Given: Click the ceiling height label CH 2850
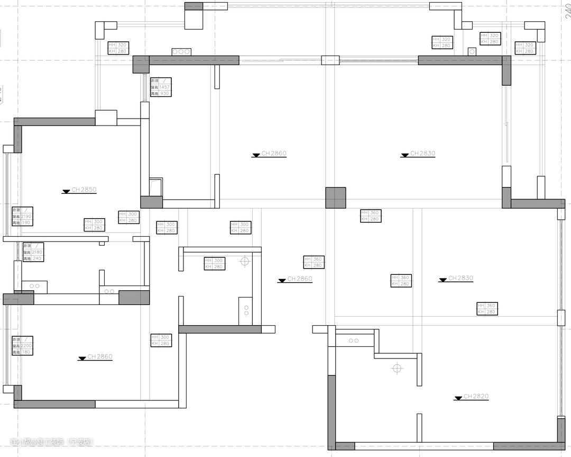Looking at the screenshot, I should pyautogui.click(x=84, y=189).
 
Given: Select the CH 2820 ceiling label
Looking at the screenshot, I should pyautogui.click(x=476, y=396).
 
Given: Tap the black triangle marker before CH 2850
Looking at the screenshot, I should pyautogui.click(x=66, y=192).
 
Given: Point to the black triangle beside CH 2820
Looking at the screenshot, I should pyautogui.click(x=458, y=398).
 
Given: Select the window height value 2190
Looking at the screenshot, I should pyautogui.click(x=26, y=217).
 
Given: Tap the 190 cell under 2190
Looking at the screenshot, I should pyautogui.click(x=27, y=223).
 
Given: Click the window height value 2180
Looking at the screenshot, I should pyautogui.click(x=38, y=253).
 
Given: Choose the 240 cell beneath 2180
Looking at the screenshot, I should pyautogui.click(x=38, y=258).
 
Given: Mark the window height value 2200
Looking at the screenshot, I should pyautogui.click(x=26, y=346).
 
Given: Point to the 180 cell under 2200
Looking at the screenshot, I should pyautogui.click(x=27, y=352).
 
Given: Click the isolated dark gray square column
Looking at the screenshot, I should pyautogui.click(x=336, y=198).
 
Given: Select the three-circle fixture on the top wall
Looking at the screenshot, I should pyautogui.click(x=181, y=52).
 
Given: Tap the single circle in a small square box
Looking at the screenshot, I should pyautogui.click(x=472, y=52).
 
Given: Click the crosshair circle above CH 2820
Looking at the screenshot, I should pyautogui.click(x=397, y=368).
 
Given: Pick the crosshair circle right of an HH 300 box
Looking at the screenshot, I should pyautogui.click(x=244, y=261).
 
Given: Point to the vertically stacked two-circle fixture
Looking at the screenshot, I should pyautogui.click(x=246, y=310).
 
